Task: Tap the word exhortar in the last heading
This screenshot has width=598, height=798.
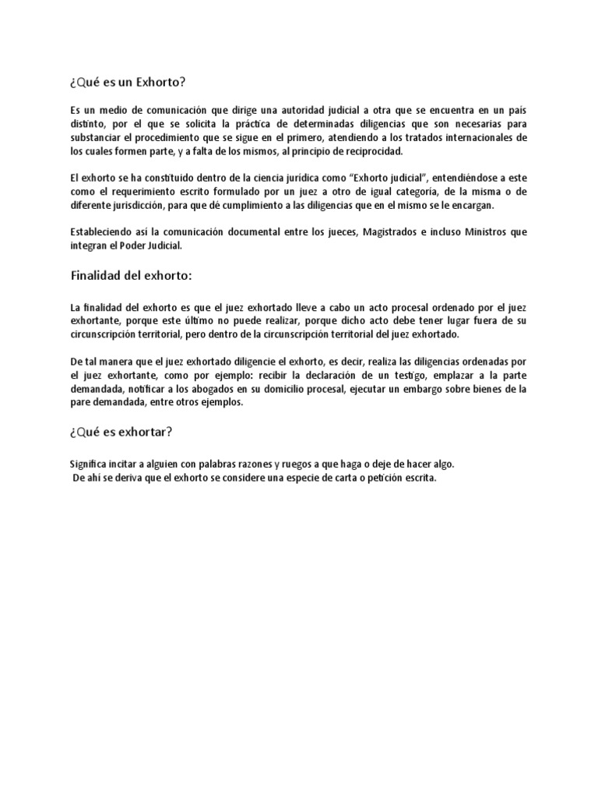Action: pos(155,432)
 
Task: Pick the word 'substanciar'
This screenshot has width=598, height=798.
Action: pos(96,137)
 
